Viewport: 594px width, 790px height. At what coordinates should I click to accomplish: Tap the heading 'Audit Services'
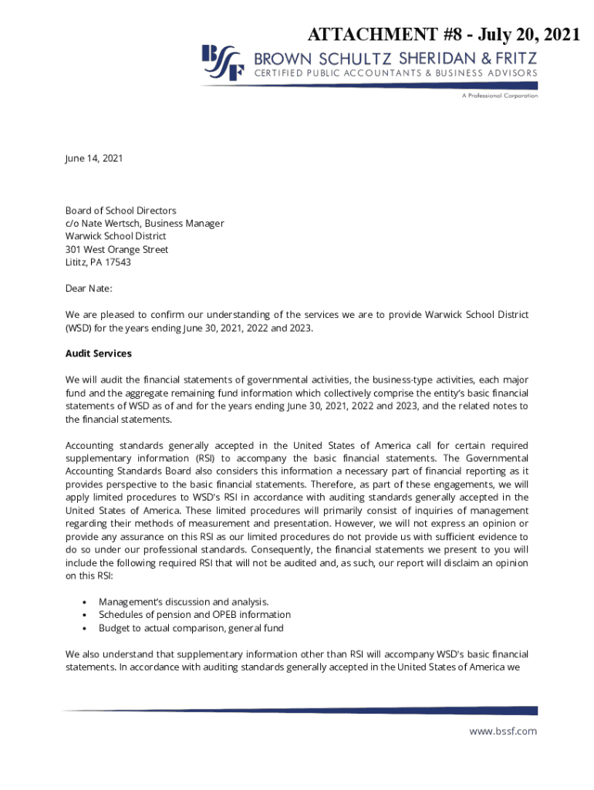98,353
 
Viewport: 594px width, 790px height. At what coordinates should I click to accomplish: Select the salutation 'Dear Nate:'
89,289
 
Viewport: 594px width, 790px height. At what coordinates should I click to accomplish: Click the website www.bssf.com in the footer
503,731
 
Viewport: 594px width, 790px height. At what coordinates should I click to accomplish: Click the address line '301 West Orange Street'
116,249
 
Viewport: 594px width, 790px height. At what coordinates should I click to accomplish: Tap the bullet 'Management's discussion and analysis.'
184,601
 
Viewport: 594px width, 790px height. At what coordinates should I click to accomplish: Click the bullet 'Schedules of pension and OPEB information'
194,614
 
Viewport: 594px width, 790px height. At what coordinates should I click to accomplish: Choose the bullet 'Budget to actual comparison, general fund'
191,627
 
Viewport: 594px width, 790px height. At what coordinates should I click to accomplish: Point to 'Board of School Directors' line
120,210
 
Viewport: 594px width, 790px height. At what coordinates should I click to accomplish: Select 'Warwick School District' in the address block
116,236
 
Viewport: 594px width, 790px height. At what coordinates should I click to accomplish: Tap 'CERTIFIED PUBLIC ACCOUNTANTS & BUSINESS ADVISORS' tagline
397,73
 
